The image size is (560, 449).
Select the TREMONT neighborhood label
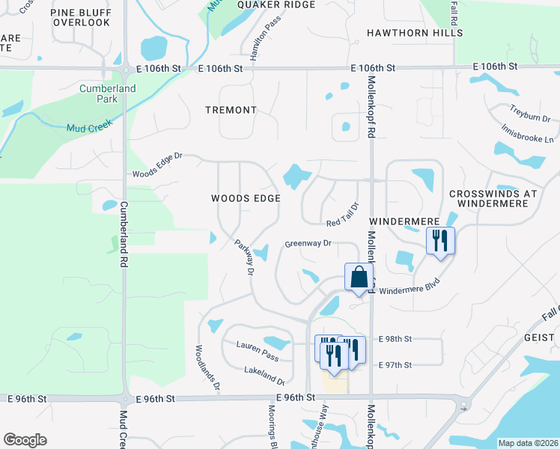tap(231, 110)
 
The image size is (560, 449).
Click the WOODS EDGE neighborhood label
tap(246, 198)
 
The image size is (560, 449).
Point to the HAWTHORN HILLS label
tap(415, 33)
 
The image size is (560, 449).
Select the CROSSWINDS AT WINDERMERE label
tap(493, 198)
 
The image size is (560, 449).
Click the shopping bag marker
tap(359, 276)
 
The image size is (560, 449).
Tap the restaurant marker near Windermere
tap(439, 241)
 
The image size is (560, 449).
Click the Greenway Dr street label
tap(308, 244)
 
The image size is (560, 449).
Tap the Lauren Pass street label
tap(258, 346)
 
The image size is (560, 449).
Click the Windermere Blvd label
tap(406, 290)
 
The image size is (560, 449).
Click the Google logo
tap(25, 440)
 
